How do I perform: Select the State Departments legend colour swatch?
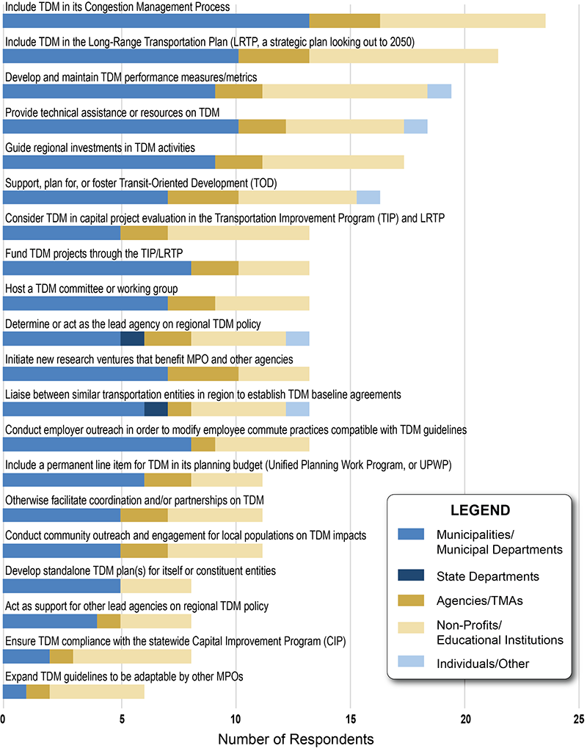pyautogui.click(x=416, y=577)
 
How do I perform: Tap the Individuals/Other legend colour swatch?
pyautogui.click(x=416, y=664)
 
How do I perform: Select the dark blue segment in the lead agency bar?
pyautogui.click(x=132, y=338)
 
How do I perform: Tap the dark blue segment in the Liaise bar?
pyautogui.click(x=156, y=409)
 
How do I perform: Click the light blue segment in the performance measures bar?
pyautogui.click(x=439, y=91)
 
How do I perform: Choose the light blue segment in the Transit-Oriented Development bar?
pyautogui.click(x=368, y=197)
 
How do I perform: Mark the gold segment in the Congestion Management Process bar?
pyautogui.click(x=344, y=21)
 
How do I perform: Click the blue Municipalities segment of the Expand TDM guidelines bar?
pyautogui.click(x=15, y=691)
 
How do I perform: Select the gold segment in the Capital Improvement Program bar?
pyautogui.click(x=61, y=656)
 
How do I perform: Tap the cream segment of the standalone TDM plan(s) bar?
pyautogui.click(x=156, y=585)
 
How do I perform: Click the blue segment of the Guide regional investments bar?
pyautogui.click(x=109, y=162)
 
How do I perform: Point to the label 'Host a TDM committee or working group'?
pyautogui.click(x=91, y=289)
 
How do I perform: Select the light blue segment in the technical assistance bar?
pyautogui.click(x=415, y=126)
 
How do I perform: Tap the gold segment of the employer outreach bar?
pyautogui.click(x=203, y=444)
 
